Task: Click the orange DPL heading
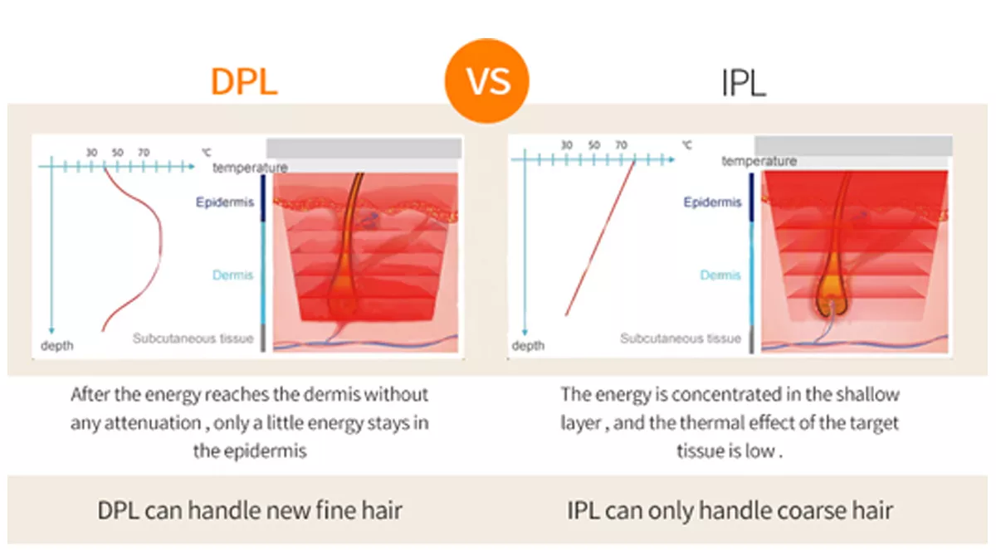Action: [244, 83]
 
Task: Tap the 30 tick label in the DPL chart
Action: [92, 153]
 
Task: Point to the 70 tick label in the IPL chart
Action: [621, 145]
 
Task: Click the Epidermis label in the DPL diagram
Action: [225, 202]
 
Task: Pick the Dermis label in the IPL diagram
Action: [720, 275]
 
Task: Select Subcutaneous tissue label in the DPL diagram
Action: [193, 338]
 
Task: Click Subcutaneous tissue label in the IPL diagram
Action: [681, 338]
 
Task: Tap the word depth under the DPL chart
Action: [57, 345]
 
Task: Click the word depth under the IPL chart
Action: [528, 345]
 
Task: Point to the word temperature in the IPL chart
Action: [759, 161]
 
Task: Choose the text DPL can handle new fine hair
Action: [250, 509]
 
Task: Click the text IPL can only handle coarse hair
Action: [730, 509]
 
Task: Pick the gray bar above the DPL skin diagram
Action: [364, 149]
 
